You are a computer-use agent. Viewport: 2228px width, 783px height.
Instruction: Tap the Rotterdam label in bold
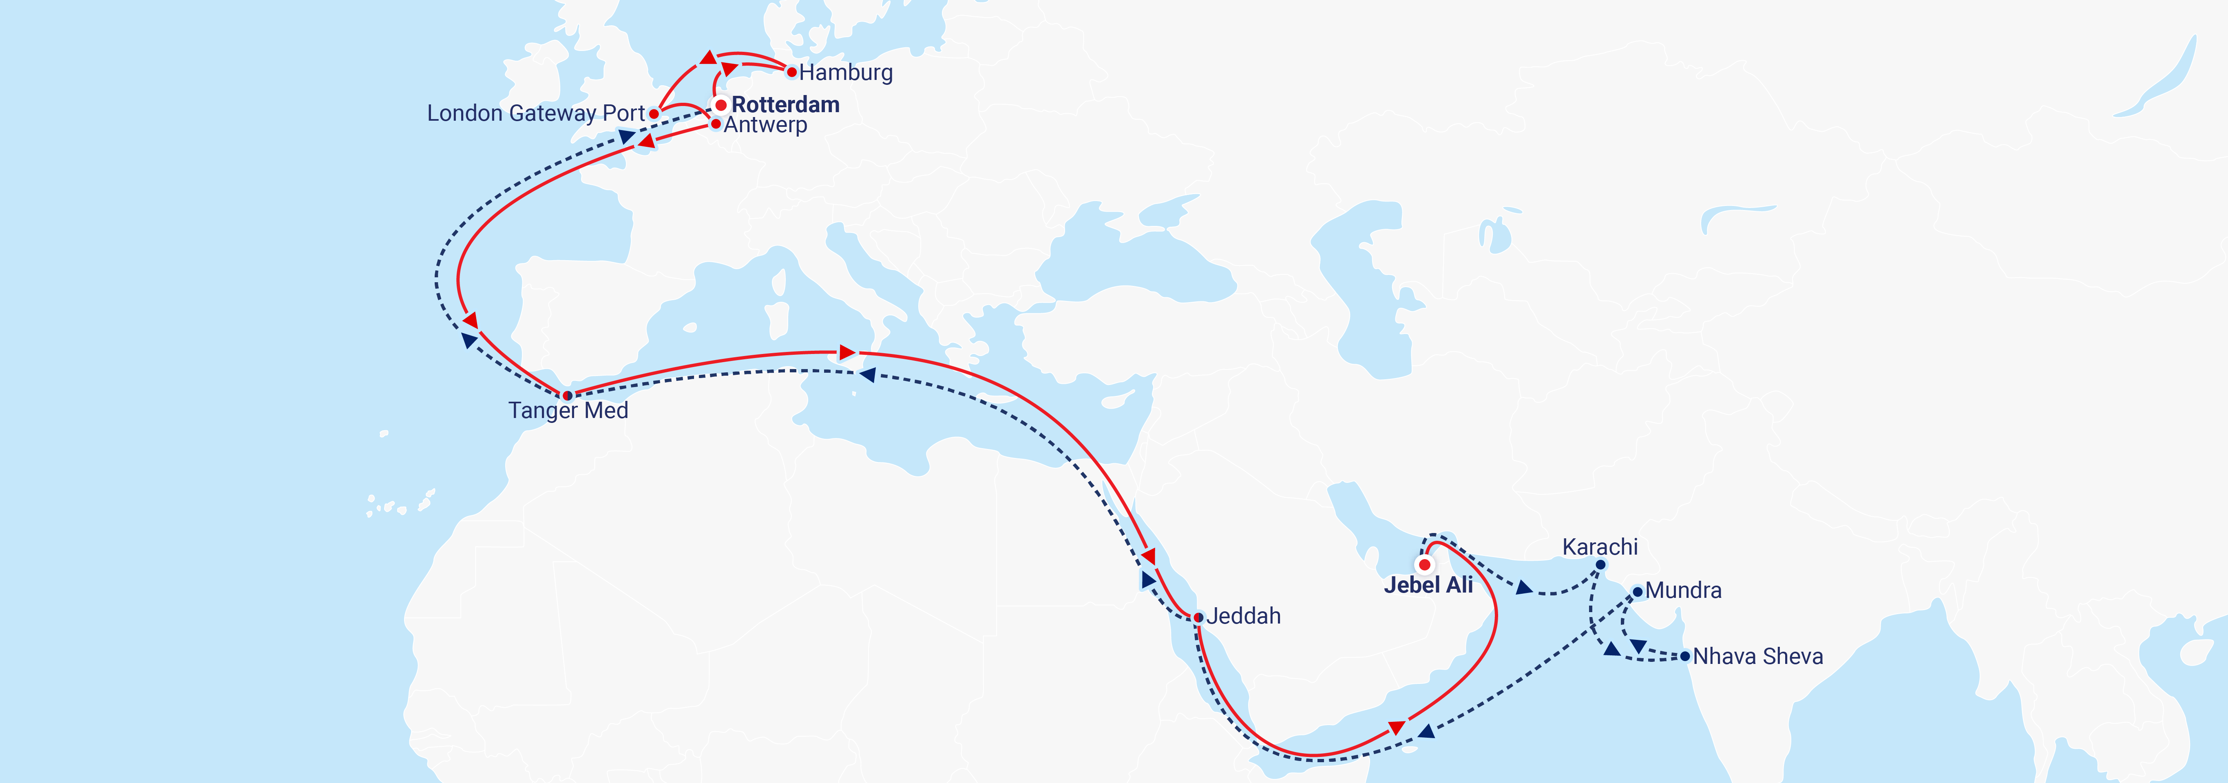tap(785, 105)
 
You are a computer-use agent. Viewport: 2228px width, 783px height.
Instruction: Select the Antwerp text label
tap(765, 125)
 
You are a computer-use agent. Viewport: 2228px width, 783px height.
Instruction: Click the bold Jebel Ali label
tap(1428, 585)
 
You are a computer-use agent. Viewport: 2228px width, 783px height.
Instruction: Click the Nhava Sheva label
tap(1757, 657)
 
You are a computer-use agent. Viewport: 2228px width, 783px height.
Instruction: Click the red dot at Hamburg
tap(791, 72)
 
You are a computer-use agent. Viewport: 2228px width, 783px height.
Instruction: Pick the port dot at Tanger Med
tap(567, 396)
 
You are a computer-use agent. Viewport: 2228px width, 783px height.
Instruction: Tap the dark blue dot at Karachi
tap(1600, 565)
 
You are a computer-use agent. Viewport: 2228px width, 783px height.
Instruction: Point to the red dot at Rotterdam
tap(721, 105)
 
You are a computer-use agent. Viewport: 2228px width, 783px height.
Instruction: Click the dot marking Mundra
tap(1637, 593)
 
